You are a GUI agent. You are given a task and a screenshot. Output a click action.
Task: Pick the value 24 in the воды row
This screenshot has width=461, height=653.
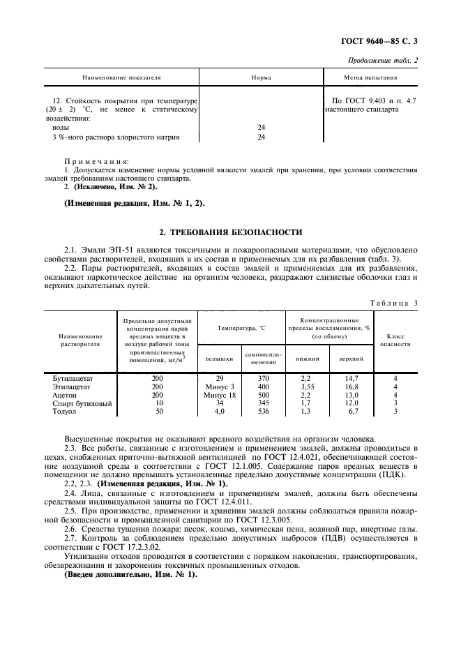pos(262,128)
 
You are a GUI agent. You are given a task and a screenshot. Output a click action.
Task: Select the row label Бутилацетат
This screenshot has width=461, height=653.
pos(73,377)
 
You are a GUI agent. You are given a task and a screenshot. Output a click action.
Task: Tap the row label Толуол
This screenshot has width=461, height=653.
pos(65,411)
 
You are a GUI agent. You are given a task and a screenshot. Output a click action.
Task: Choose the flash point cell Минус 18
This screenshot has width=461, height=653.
pos(220,394)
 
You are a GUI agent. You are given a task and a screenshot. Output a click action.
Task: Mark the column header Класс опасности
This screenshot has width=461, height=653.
pos(395,340)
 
